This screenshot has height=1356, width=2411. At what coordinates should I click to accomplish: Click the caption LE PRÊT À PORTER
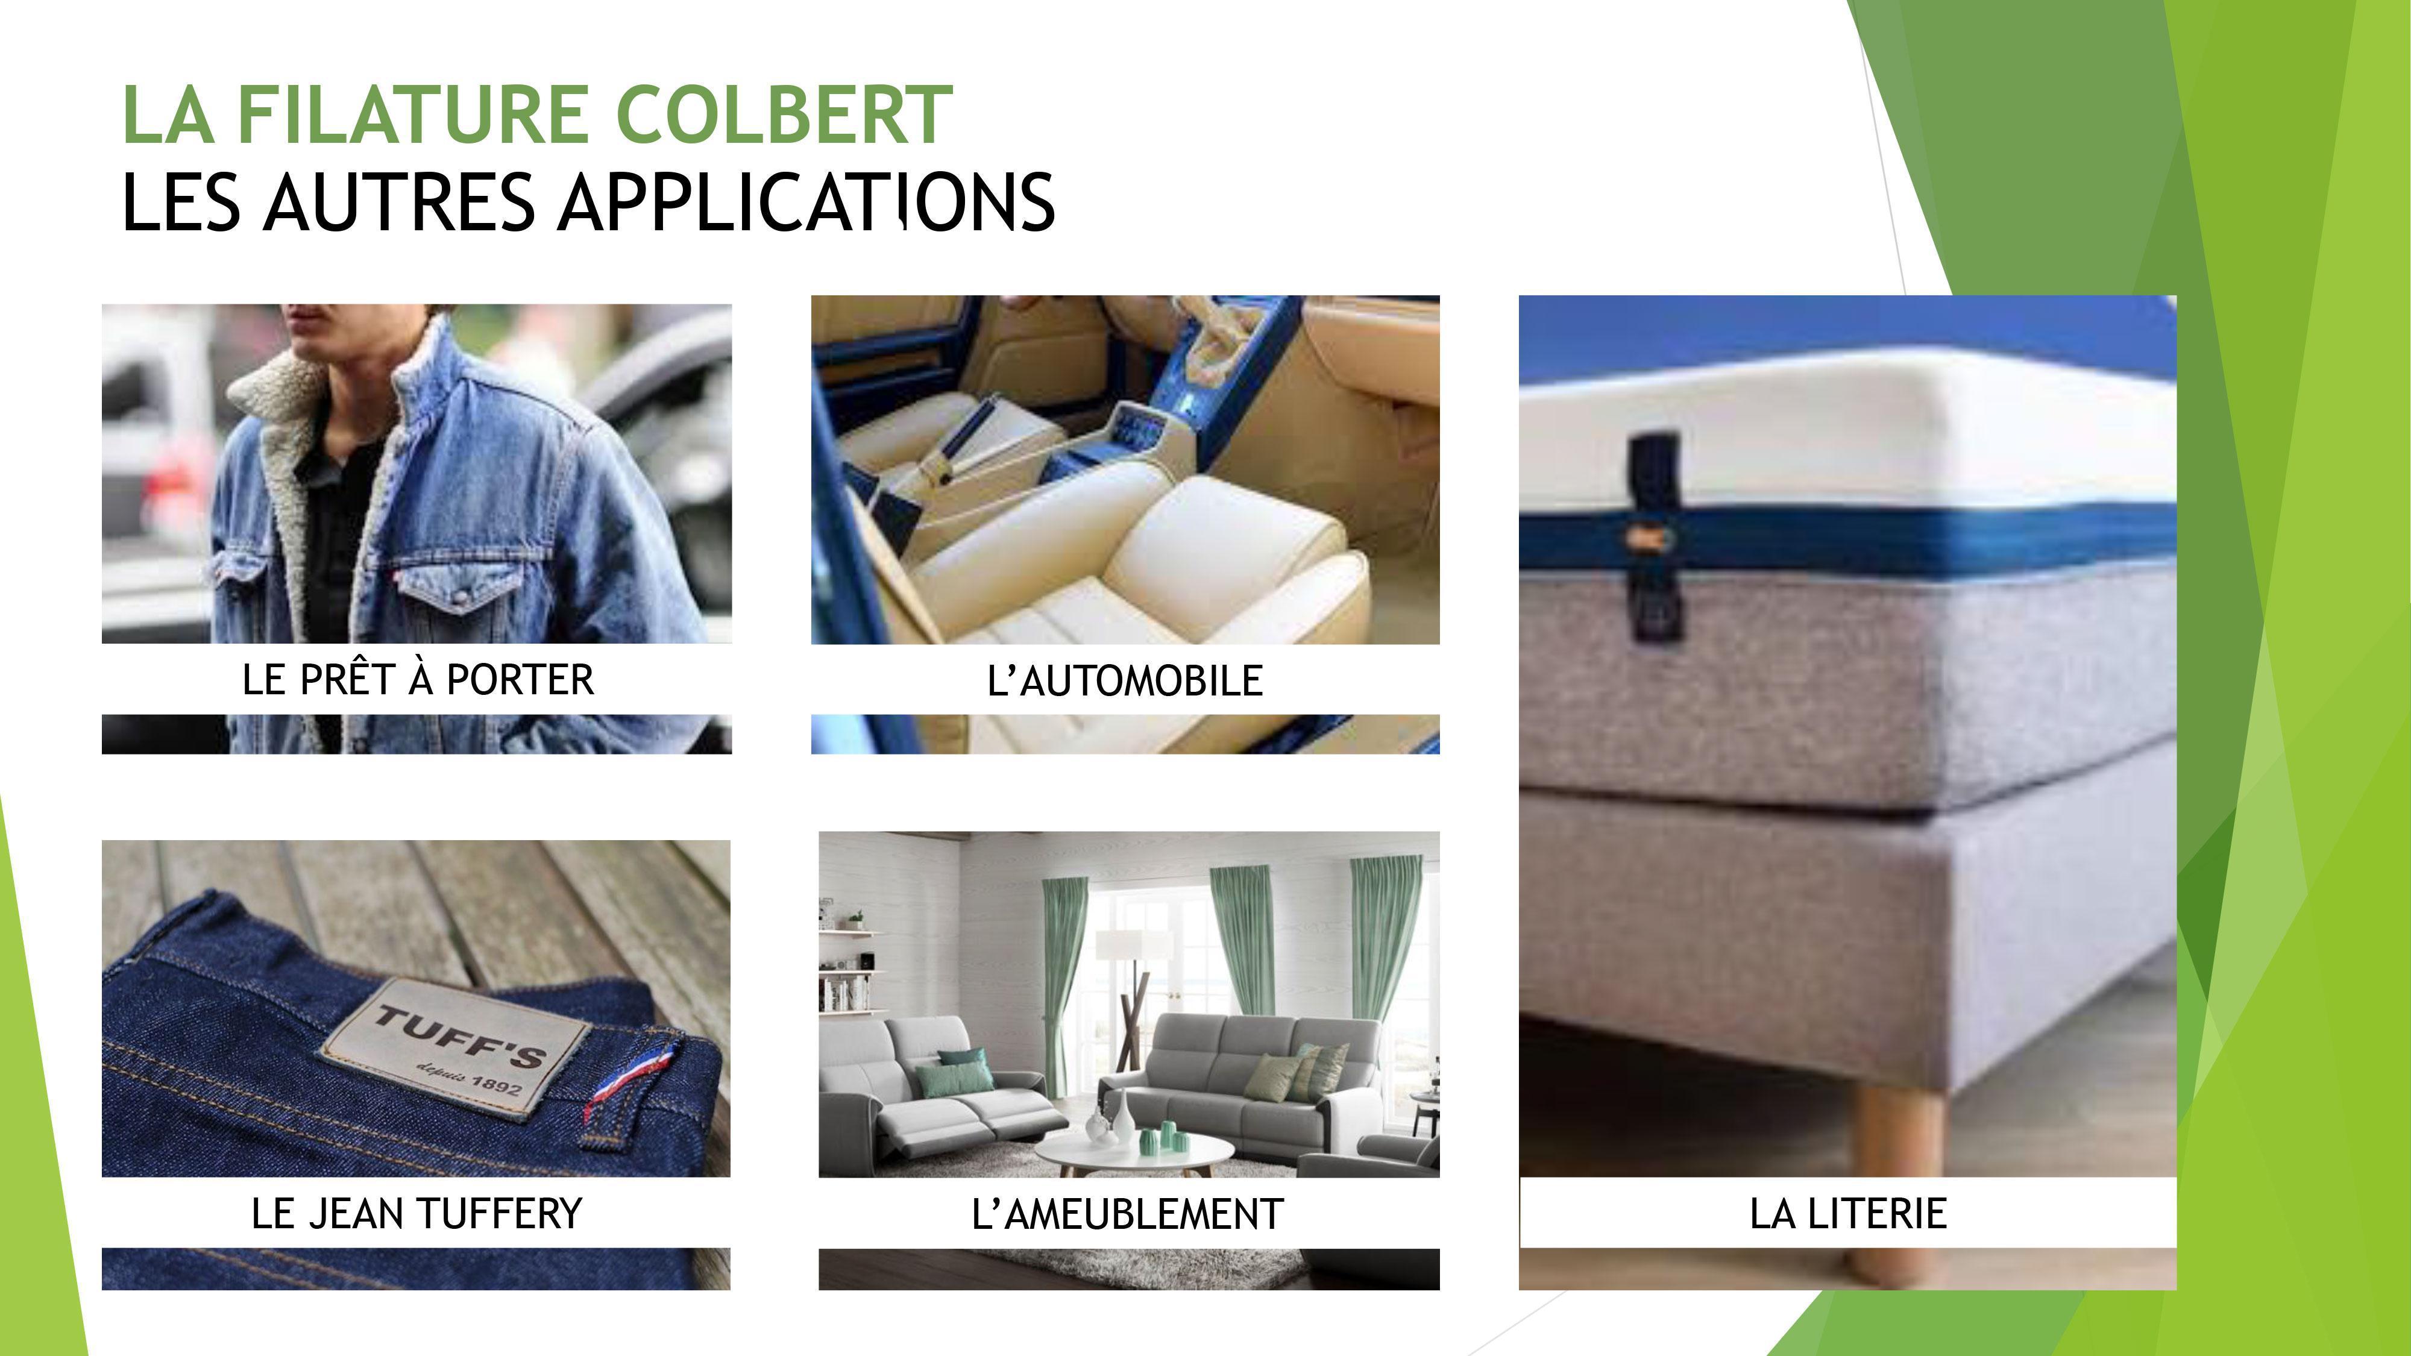(418, 679)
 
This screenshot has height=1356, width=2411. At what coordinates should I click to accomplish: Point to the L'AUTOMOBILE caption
(1125, 680)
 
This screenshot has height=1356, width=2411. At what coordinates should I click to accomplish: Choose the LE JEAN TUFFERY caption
(417, 1214)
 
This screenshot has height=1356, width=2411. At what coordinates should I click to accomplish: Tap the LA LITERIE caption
(1849, 1214)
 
